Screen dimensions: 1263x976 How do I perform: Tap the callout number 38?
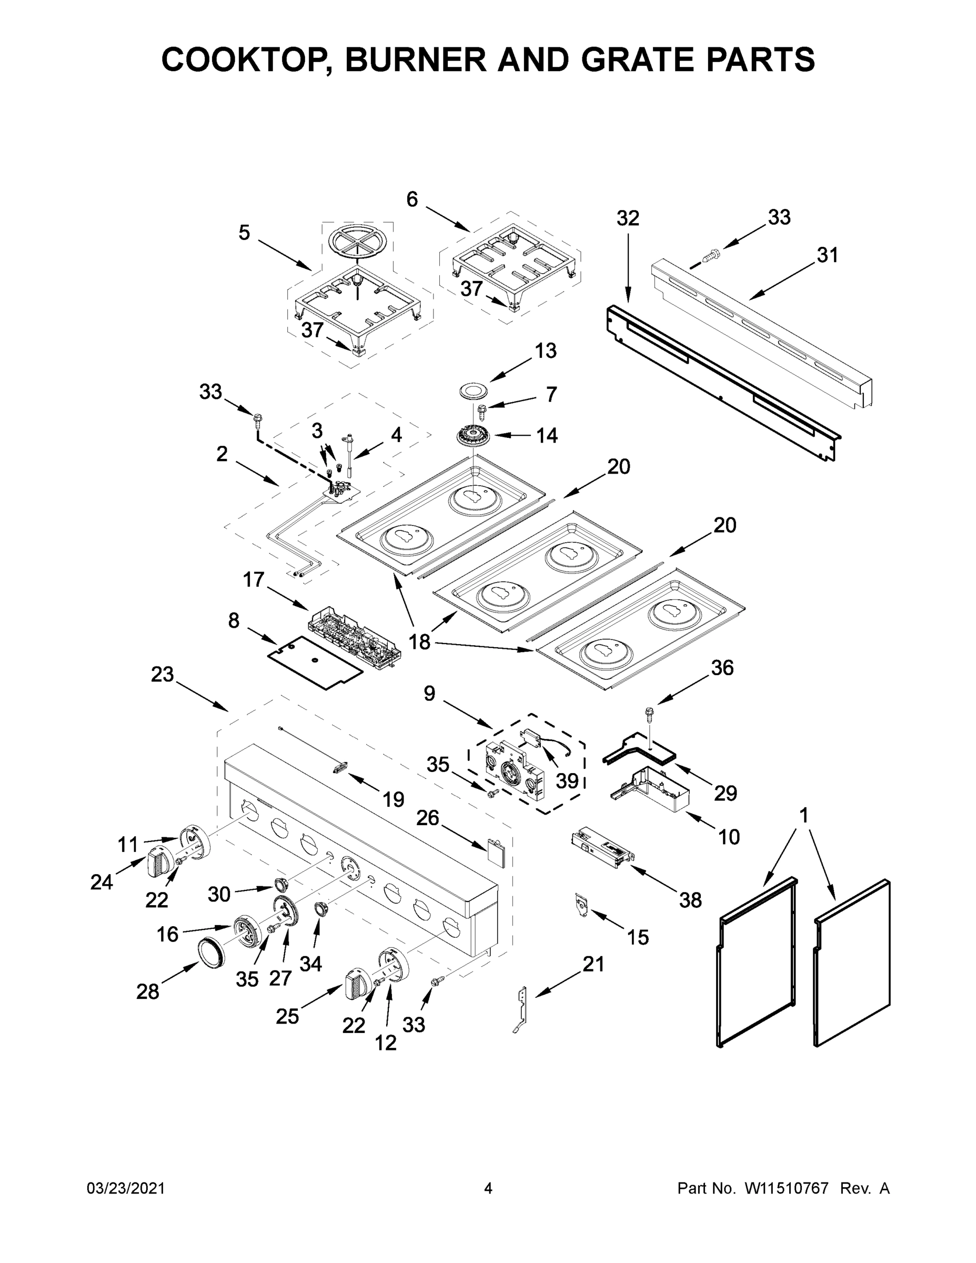[690, 900]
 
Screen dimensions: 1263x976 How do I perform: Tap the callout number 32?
[627, 218]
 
